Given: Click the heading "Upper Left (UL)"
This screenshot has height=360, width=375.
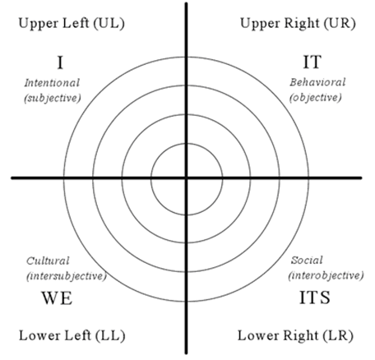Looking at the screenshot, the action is click(x=72, y=23).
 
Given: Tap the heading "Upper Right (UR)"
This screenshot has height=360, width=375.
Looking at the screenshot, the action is click(x=298, y=23).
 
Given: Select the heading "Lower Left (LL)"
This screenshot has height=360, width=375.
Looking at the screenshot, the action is click(x=72, y=335).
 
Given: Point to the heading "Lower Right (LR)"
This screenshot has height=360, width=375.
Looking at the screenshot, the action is click(x=295, y=335).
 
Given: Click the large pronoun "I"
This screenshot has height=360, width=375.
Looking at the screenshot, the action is click(x=60, y=62).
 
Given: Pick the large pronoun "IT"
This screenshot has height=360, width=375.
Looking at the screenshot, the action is click(x=312, y=62).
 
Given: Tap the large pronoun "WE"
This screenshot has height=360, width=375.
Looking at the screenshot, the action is click(x=57, y=298).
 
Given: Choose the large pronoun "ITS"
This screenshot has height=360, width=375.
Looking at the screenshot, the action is click(x=314, y=298).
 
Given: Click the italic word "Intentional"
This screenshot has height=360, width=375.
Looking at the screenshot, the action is click(x=52, y=83).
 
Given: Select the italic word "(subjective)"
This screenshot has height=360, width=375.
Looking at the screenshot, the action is click(x=53, y=98).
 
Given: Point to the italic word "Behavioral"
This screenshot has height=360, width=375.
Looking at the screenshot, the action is click(x=317, y=82).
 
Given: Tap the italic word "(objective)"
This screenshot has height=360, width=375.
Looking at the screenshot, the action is click(x=316, y=98).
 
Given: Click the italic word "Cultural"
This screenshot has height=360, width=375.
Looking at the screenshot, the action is click(x=48, y=261).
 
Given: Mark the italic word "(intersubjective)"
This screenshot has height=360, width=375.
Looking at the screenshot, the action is click(x=67, y=276).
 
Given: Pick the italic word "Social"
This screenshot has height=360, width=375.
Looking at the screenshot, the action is click(x=307, y=260).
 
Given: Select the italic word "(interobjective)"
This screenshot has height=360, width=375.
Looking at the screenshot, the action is click(x=326, y=275).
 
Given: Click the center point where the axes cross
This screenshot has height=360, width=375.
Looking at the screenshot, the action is click(x=187, y=178).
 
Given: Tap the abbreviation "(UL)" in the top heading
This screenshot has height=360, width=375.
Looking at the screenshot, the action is click(x=109, y=24).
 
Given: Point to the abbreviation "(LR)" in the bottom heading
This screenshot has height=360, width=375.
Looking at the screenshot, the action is click(x=338, y=336).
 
